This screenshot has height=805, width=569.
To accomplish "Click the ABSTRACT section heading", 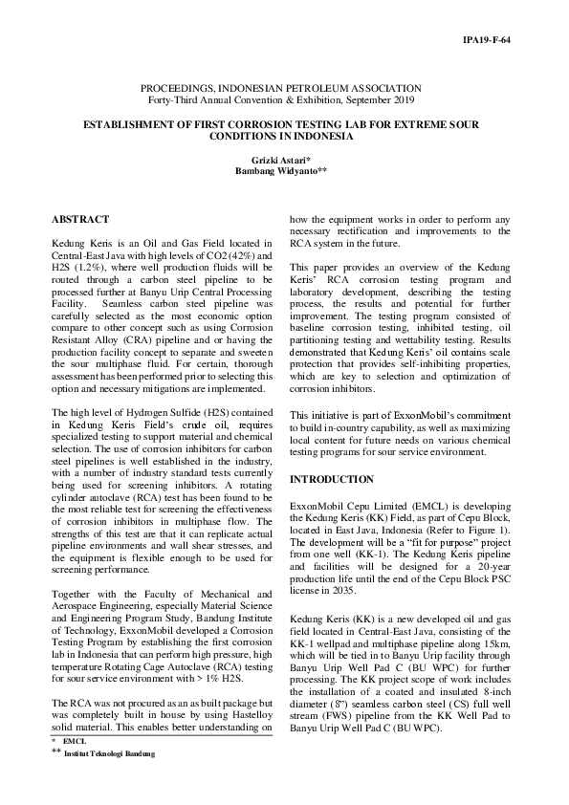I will (x=79, y=220).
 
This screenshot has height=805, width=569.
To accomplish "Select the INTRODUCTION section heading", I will (x=332, y=478).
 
